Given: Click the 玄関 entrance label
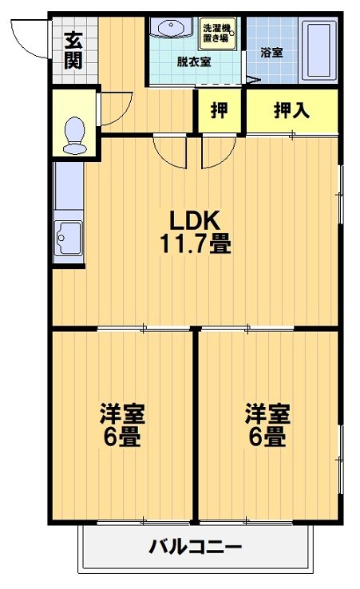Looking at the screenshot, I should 73,50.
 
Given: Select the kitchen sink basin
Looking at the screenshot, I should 69,237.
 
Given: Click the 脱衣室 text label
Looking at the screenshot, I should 193,61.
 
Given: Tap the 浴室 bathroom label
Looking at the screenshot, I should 271,53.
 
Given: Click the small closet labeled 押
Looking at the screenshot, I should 219,111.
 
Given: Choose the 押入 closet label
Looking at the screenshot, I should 291,111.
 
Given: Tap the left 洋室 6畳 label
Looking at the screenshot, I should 122,426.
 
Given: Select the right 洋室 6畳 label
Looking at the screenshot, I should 267,426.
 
